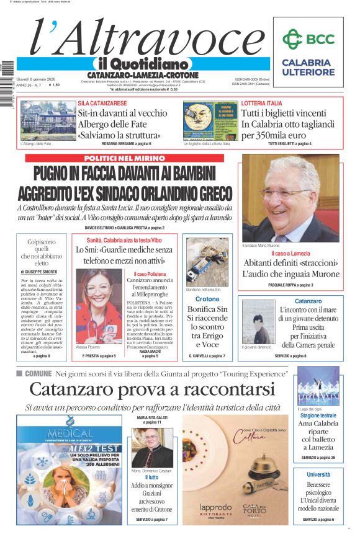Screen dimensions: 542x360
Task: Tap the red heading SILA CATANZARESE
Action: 102,103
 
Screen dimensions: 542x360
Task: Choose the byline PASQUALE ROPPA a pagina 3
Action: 290,285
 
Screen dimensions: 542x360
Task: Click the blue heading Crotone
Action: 203,299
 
